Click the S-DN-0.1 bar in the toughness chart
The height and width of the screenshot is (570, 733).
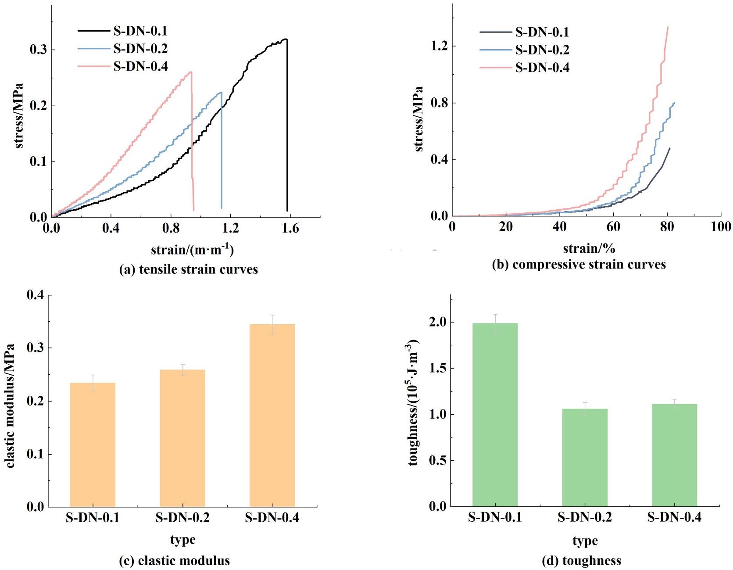point(495,415)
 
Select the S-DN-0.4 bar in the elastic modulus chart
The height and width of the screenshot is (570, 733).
point(272,415)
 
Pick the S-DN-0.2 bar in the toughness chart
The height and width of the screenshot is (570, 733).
point(584,457)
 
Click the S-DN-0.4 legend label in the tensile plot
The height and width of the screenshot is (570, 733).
point(140,66)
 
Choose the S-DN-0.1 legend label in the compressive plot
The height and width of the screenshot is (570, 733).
point(542,32)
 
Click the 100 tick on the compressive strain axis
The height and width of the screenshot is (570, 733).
point(721,226)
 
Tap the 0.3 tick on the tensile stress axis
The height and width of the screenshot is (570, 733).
point(39,50)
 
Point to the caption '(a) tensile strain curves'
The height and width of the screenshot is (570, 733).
point(189,269)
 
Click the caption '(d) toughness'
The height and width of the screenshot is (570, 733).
point(582,560)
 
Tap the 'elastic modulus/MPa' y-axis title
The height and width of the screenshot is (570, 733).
point(10,406)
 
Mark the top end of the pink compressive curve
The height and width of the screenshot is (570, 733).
point(668,27)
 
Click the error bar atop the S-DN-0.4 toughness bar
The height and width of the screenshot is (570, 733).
point(674,404)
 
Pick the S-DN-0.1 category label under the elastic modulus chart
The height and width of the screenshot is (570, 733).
point(93,518)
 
